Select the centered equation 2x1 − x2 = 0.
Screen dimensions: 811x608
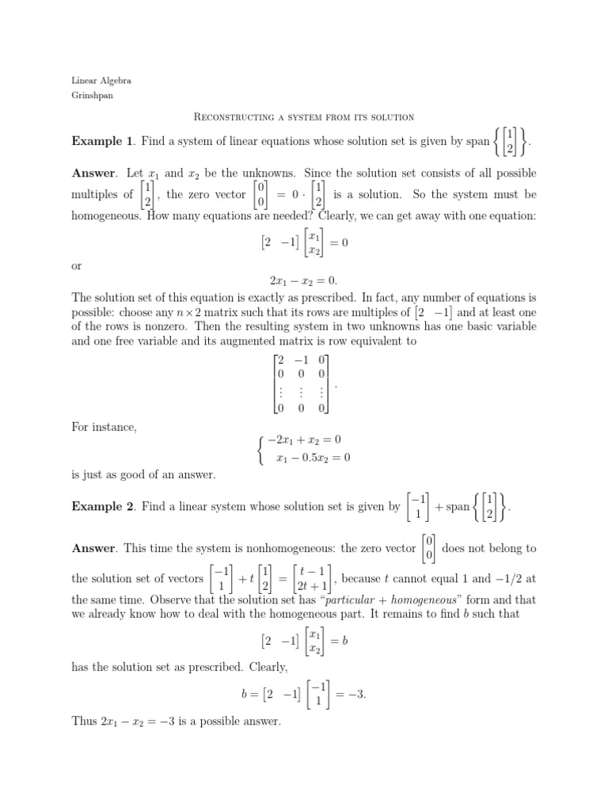point(304,280)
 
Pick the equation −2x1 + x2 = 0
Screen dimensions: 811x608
point(305,439)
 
